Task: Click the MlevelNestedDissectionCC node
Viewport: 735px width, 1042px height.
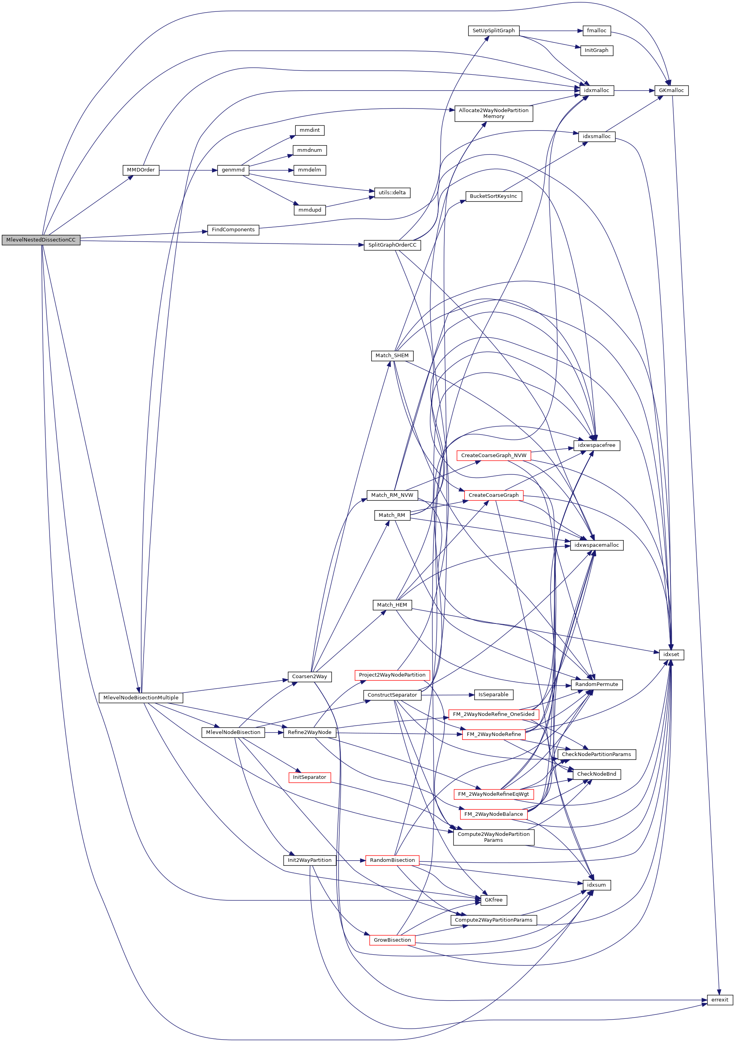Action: tap(41, 240)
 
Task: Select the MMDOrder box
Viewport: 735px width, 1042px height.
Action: tap(141, 170)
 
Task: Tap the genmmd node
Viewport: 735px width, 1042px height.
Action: tap(233, 170)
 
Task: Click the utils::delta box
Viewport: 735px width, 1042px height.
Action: tap(392, 192)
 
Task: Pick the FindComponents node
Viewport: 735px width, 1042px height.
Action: tap(233, 230)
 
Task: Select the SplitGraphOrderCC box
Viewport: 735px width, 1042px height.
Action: tap(392, 245)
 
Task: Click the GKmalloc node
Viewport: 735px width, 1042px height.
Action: tap(671, 90)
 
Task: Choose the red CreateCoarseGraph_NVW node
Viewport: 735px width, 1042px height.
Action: tap(494, 455)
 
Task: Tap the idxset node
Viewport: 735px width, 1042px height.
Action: tap(671, 654)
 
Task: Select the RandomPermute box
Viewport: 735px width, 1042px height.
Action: tap(596, 684)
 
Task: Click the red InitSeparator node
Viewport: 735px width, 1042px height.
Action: tap(309, 777)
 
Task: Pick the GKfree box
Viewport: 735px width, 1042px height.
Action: tap(494, 900)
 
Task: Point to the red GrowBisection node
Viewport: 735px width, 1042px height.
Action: tap(392, 940)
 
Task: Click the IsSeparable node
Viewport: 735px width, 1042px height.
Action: tap(494, 694)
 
